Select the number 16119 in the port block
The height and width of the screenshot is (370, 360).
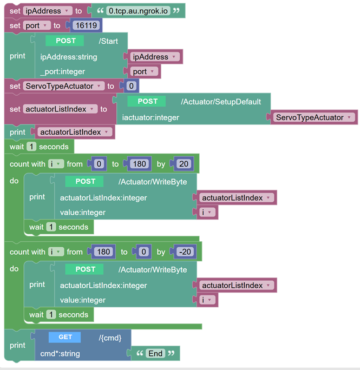pos(86,25)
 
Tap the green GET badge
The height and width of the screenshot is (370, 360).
pos(65,337)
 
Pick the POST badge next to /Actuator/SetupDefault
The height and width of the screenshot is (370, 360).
pos(147,101)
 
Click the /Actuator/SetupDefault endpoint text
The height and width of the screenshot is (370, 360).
pos(221,101)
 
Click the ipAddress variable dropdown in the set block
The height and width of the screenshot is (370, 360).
pos(48,11)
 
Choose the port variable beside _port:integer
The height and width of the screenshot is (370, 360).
pos(143,71)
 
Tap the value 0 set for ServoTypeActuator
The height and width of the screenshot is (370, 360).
pos(130,86)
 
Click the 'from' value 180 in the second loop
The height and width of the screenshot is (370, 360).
pos(103,252)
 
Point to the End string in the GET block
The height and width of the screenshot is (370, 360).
pos(155,353)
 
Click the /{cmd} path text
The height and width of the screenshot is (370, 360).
pos(114,338)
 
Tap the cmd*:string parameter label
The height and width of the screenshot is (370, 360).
pos(60,353)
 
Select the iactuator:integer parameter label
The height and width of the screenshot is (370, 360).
pos(150,117)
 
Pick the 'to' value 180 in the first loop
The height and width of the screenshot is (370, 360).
pos(139,164)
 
